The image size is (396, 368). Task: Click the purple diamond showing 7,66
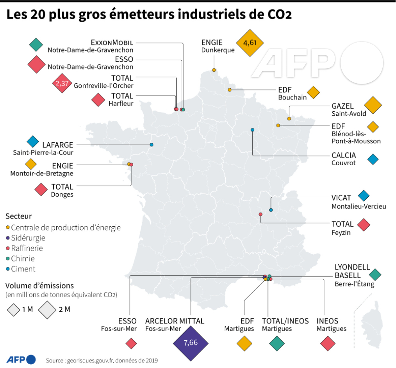191,343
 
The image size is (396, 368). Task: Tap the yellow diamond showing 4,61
250,43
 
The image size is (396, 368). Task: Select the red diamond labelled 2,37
62,83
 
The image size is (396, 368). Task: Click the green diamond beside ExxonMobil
36,45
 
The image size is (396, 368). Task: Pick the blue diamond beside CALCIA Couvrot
373,159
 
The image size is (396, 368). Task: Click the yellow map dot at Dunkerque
214,70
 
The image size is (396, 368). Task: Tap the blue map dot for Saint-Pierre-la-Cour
152,145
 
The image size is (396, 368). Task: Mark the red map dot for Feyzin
260,214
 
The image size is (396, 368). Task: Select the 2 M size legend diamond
48,310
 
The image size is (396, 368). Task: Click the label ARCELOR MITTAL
175,321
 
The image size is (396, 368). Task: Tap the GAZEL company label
342,106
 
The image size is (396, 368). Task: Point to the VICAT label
341,198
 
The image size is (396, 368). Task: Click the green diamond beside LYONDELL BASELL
375,275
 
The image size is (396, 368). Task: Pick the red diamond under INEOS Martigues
328,343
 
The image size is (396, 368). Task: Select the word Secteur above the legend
19,216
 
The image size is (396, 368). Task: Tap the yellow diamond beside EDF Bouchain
313,93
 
